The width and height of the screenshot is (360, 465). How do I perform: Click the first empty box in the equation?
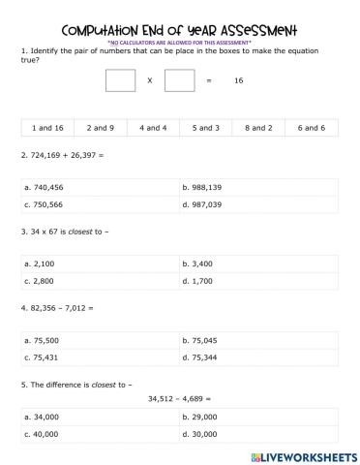pyautogui.click(x=120, y=80)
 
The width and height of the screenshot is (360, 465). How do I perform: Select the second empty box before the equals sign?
pyautogui.click(x=179, y=80)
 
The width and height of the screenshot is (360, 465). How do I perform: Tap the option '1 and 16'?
pyautogui.click(x=47, y=127)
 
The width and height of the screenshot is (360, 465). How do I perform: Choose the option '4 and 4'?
pyautogui.click(x=154, y=127)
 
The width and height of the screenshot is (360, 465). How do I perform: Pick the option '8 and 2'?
pyautogui.click(x=258, y=127)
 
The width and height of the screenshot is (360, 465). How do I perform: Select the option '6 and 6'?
pyautogui.click(x=311, y=127)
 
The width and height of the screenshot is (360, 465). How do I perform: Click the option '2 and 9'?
pyautogui.click(x=101, y=127)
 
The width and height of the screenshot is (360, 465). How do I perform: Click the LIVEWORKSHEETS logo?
pyautogui.click(x=303, y=454)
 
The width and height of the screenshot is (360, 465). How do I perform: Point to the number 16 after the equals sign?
pyautogui.click(x=238, y=81)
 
